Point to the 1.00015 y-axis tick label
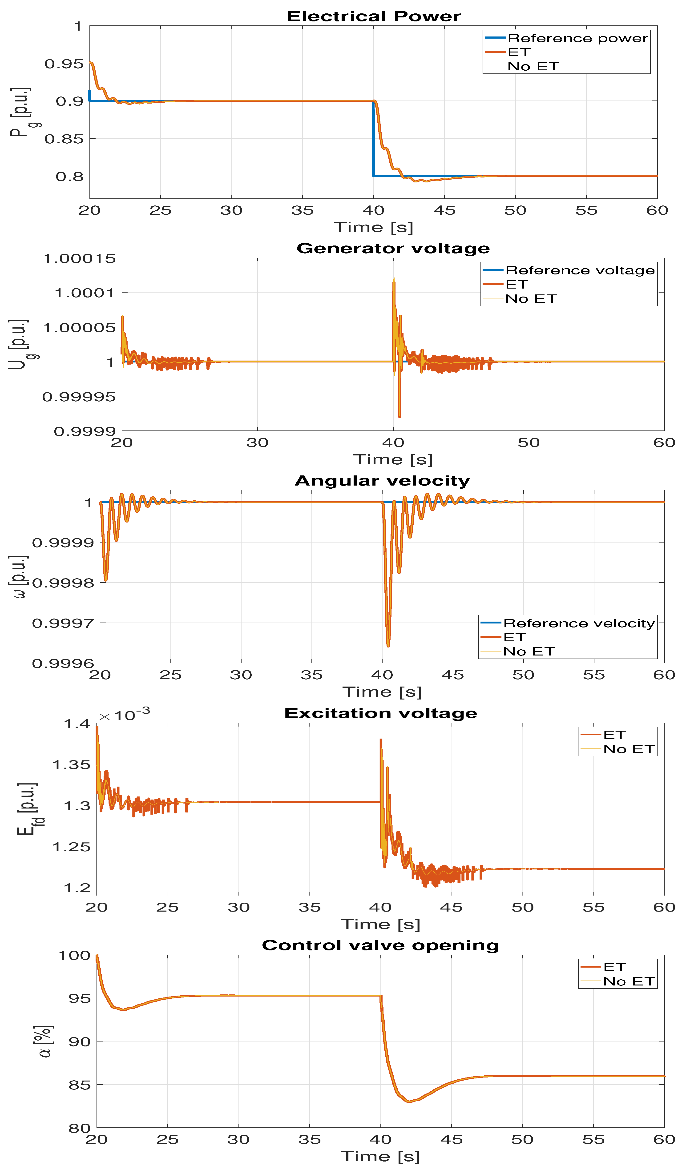click(x=79, y=259)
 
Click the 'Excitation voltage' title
click(x=381, y=713)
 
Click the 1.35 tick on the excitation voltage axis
click(x=71, y=764)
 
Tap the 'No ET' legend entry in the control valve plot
click(x=629, y=982)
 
